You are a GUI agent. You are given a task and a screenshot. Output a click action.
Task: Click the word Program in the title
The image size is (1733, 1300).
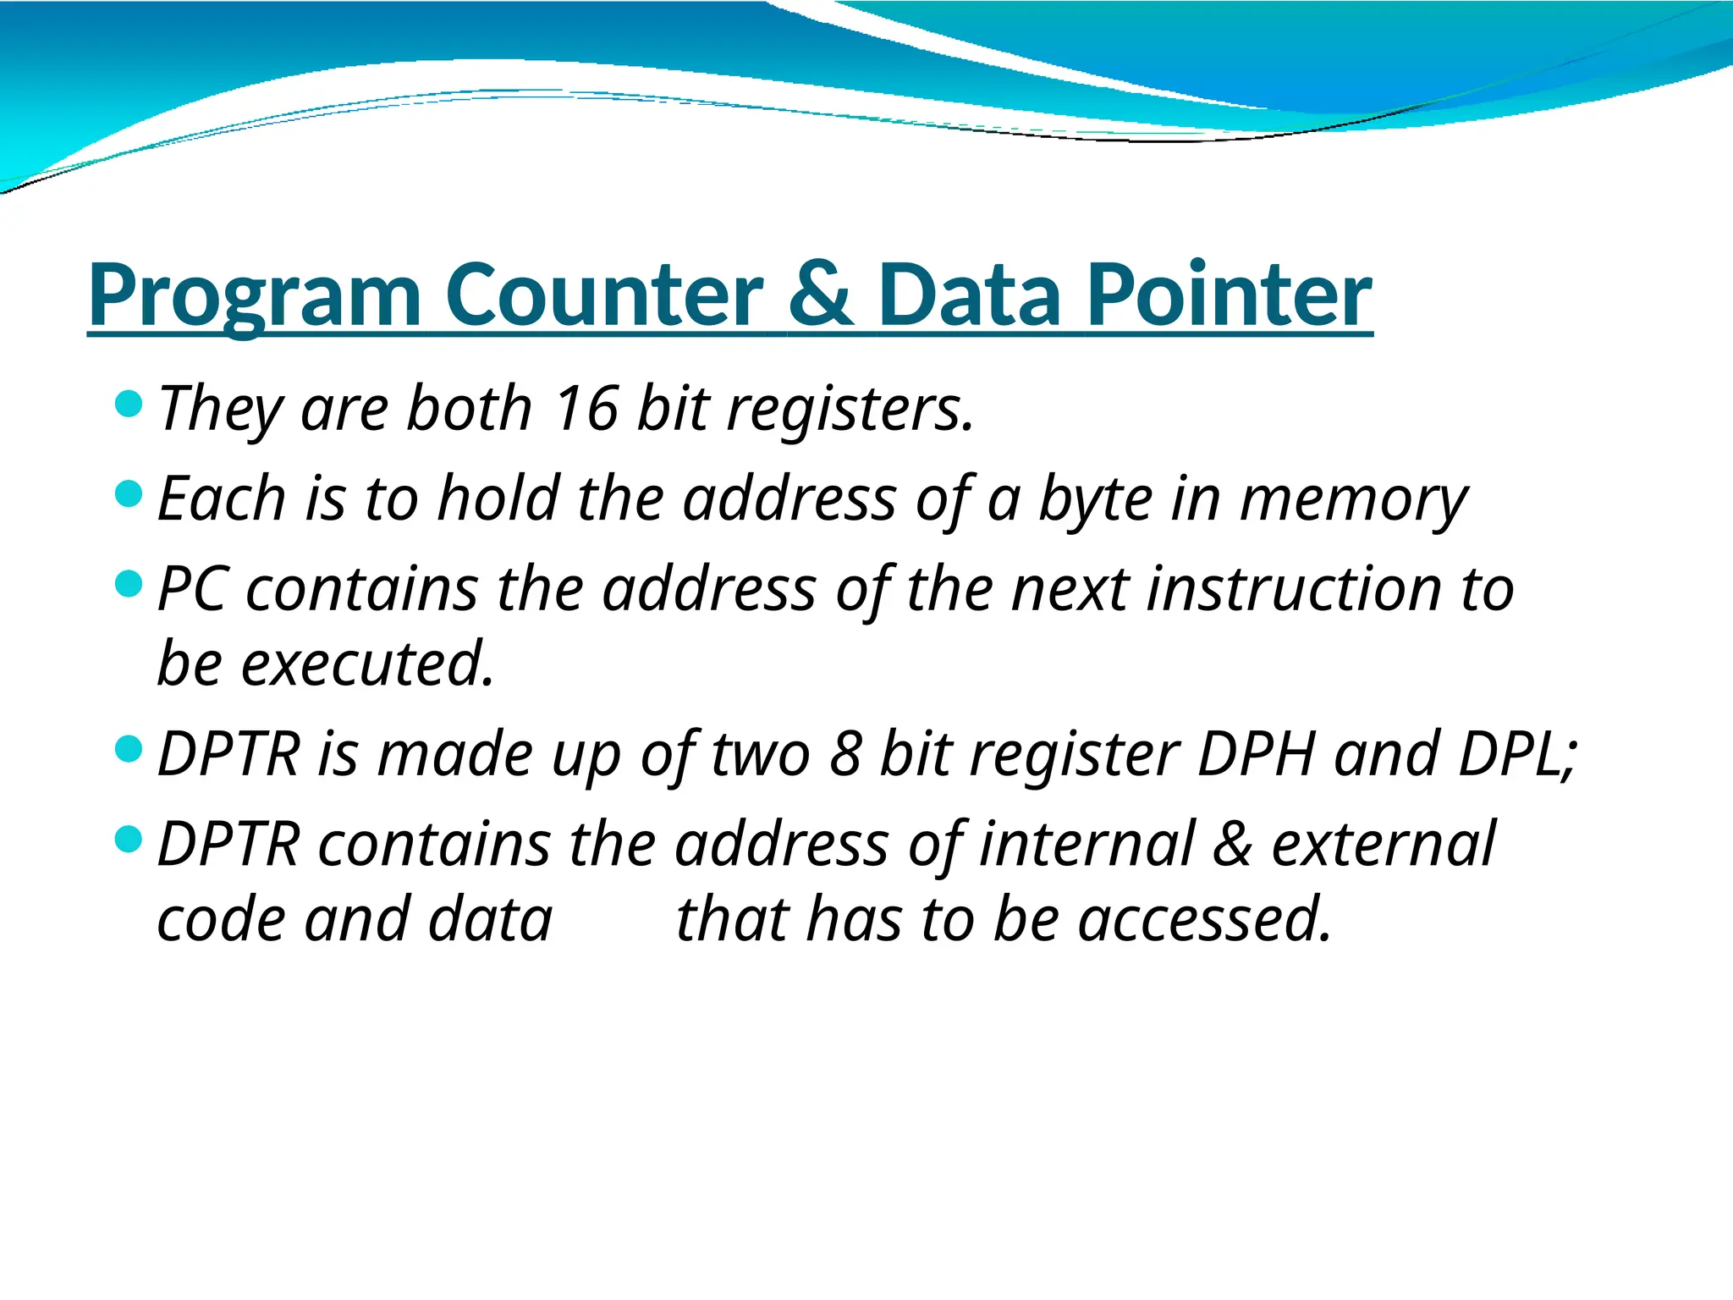pos(254,296)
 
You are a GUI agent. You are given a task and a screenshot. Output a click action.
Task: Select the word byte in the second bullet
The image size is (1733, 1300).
pos(1095,499)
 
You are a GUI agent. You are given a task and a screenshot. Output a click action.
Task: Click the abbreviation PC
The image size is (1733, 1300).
pos(192,589)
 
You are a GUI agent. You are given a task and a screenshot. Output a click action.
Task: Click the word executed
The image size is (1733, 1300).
pos(367,664)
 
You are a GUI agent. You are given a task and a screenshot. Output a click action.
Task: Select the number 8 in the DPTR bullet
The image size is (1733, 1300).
pos(845,753)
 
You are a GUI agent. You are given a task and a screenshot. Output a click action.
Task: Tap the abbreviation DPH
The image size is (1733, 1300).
pos(1257,753)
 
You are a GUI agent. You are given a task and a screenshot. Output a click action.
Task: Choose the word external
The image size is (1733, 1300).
pos(1383,844)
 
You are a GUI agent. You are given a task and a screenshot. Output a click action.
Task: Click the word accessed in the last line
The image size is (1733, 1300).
pos(1205,919)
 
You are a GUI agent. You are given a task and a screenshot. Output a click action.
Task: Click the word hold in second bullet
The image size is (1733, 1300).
pos(498,499)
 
